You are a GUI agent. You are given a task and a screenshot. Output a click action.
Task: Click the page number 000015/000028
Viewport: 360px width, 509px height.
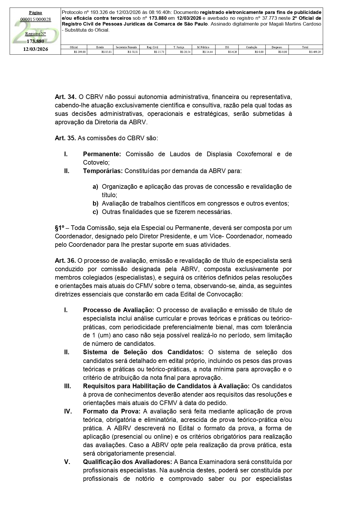coord(35,19)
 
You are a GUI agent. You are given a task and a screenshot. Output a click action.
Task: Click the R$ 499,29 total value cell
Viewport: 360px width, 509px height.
coord(315,52)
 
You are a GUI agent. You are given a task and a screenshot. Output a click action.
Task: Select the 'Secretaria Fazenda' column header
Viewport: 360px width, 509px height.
coord(126,47)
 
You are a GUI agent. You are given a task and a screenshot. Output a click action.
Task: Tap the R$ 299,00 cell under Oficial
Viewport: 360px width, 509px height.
coord(80,52)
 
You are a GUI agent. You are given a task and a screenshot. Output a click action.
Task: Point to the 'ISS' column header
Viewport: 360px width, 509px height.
coord(227,47)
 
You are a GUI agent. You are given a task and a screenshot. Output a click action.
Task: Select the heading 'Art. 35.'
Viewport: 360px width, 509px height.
coord(65,138)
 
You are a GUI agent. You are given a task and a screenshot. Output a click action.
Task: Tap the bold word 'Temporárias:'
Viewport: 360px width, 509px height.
coord(103,171)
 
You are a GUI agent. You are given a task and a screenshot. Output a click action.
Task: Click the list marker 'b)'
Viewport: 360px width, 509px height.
coord(95,204)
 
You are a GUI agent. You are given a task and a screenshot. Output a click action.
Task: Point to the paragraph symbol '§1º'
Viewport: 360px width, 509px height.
coord(60,228)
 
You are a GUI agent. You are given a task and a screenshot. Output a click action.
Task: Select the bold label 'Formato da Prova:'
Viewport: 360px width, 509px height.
coord(112,411)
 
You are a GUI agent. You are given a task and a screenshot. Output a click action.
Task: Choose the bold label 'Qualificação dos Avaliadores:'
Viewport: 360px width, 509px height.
coord(128,462)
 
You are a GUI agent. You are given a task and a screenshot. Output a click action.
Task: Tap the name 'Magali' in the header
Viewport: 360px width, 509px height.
coord(271,24)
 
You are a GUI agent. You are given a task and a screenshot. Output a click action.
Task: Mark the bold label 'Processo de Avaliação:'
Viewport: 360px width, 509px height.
coord(118,310)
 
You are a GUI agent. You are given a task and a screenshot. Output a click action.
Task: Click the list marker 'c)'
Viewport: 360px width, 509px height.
coord(95,212)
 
